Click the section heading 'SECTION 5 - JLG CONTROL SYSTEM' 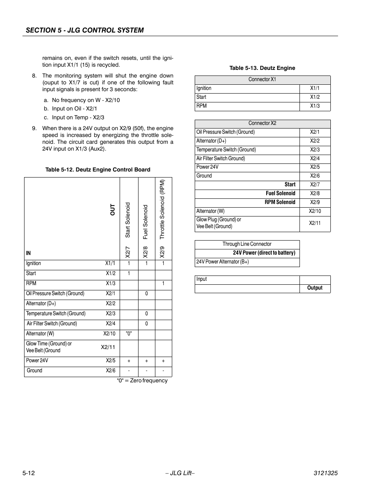[85, 30]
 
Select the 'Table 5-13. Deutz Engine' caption [262, 68]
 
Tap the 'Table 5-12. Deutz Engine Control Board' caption [98, 169]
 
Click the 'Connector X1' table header [262, 80]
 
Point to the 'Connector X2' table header [262, 123]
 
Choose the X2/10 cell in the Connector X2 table [315, 211]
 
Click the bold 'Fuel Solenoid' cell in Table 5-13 [280, 193]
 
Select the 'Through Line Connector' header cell [247, 244]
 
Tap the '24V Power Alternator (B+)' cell [222, 262]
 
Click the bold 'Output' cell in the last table [315, 288]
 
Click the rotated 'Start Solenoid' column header [128, 220]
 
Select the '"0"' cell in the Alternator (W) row [129, 334]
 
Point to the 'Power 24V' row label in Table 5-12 [37, 361]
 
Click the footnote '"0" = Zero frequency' [142, 381]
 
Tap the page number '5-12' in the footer [29, 473]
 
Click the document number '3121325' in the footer [325, 473]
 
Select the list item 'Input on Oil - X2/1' [74, 108]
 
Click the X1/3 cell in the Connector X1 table [315, 106]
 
